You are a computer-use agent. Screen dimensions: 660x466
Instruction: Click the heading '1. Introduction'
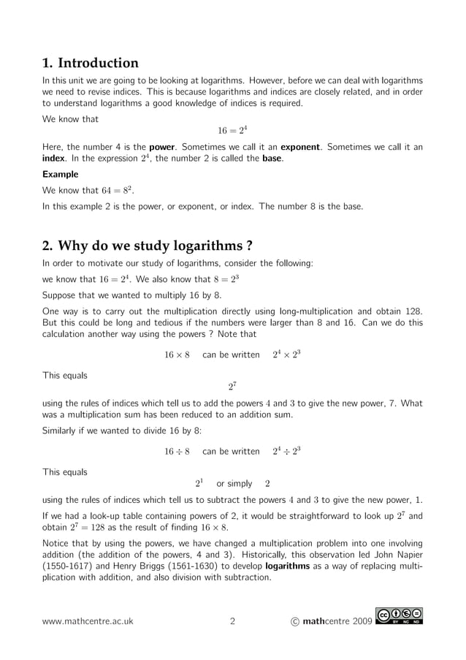point(91,63)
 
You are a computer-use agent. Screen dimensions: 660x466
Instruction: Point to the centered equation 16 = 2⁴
point(232,131)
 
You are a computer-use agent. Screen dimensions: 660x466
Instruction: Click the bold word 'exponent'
point(302,147)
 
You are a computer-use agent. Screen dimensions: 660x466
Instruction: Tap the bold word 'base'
point(272,159)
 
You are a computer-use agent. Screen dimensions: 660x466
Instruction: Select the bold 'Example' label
point(60,175)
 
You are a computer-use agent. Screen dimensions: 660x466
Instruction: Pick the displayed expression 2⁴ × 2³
point(286,354)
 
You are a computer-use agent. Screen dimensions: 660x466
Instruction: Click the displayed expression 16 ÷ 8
point(177,452)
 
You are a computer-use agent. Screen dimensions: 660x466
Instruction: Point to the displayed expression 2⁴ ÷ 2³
point(286,451)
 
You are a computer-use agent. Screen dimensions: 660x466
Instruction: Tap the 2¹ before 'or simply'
point(199,483)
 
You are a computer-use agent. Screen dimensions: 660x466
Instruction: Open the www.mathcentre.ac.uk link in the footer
point(88,622)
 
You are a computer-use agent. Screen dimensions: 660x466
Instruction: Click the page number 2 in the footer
point(232,622)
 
